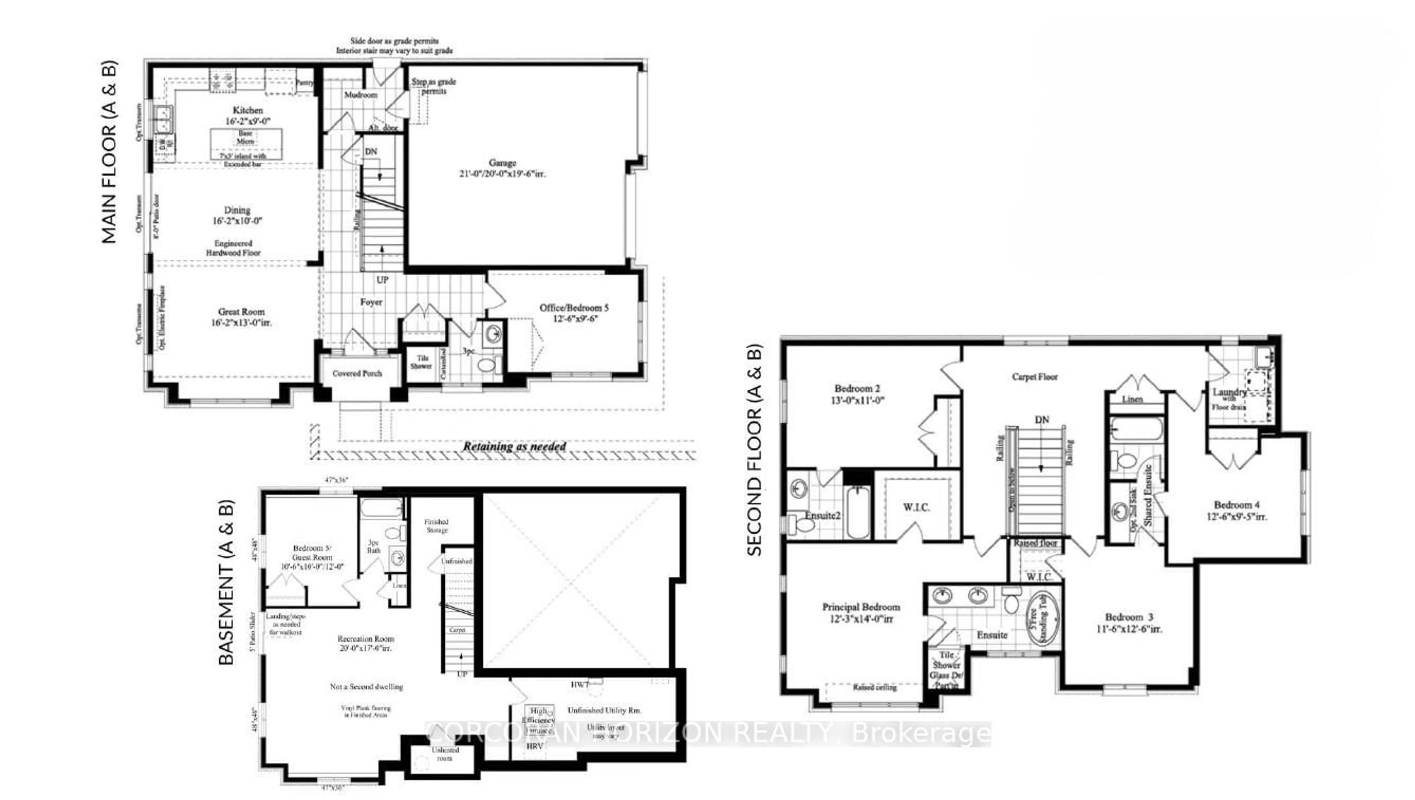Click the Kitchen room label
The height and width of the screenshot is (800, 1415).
247,111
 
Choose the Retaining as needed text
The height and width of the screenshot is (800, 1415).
514,447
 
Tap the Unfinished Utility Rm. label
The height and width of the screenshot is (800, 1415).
604,710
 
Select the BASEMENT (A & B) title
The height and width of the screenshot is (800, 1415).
226,583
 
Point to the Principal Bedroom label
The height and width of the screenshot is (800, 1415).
861,607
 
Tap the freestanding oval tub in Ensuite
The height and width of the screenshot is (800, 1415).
1042,619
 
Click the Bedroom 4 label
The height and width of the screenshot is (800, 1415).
1237,504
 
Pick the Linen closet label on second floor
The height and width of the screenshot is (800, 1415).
1132,399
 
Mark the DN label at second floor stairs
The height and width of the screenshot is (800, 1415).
1042,420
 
